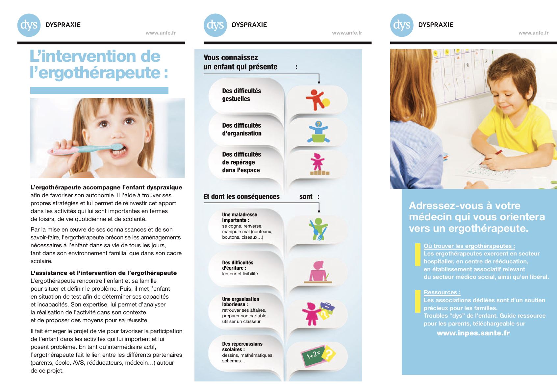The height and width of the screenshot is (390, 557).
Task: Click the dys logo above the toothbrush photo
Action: pos(29,25)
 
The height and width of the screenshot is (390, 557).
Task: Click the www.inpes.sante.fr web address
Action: pos(473,333)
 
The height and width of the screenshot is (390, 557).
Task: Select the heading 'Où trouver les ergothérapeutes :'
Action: pos(469,246)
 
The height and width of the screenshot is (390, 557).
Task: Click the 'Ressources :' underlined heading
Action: pos(442,292)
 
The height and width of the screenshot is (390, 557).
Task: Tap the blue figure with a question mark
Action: pos(318,132)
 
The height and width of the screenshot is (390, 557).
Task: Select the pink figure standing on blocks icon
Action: pos(318,164)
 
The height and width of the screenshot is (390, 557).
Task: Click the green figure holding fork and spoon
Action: pos(318,229)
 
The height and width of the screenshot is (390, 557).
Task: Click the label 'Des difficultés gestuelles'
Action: pos(241,95)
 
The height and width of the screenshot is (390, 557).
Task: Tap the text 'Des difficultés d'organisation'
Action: pos(241,129)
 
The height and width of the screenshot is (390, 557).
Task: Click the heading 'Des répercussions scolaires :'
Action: pos(242,346)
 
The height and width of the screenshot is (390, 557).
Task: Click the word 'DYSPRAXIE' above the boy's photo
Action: pos(436,25)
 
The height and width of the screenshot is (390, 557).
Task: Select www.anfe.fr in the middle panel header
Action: pos(347,33)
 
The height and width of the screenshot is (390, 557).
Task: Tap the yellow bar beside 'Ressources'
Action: pos(418,301)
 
